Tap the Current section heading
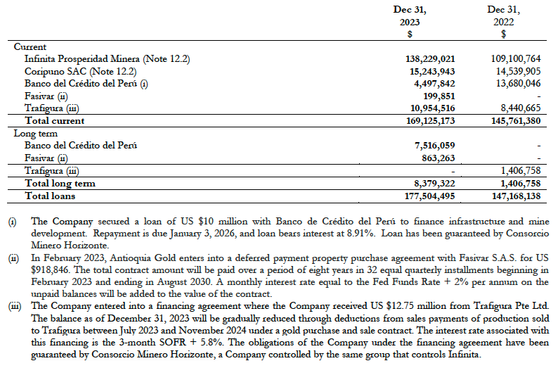click(30, 46)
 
